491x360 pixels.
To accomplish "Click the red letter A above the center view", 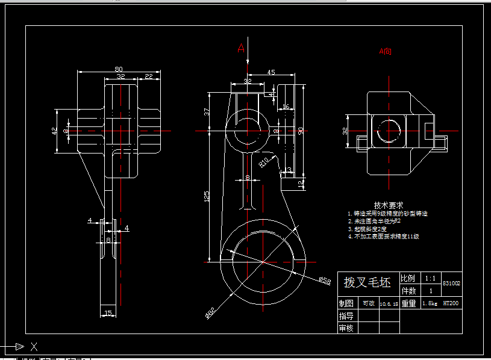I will (241, 48).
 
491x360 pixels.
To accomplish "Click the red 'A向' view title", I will (385, 52).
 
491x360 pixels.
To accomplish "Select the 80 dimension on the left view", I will (118, 68).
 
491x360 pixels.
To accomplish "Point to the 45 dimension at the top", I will (271, 72).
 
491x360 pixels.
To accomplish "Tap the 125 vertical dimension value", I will (207, 196).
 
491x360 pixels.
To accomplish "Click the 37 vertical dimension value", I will (207, 112).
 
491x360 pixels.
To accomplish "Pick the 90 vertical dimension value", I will (301, 131).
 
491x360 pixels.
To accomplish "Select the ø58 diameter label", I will (325, 280).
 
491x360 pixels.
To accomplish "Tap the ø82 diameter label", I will (211, 312).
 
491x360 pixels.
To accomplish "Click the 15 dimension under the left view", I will (108, 312).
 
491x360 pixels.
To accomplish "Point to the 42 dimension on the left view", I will (55, 131).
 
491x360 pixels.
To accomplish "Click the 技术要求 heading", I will (388, 205).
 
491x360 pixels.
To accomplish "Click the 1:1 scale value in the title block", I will (430, 279).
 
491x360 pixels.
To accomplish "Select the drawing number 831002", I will (452, 282).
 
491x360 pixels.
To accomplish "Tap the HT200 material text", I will (451, 303).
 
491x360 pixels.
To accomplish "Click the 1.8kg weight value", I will (430, 303).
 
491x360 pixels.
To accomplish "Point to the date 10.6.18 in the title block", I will (389, 303).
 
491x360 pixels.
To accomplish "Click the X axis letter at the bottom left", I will (34, 346).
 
